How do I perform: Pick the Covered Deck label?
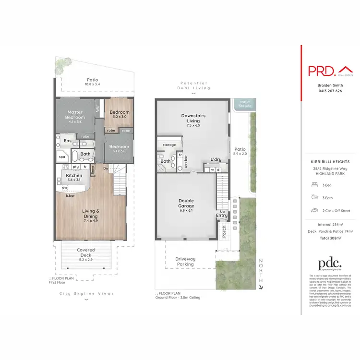pos(86,253)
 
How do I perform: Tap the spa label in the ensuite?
pos(62,157)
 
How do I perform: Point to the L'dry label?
pos(215,160)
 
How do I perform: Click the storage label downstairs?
pos(169,144)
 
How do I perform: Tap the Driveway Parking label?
pos(185,262)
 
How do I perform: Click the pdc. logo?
pos(329,264)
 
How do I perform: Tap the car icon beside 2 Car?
pos(314,211)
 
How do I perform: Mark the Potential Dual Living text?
pos(193,85)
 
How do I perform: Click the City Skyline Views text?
pos(86,294)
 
